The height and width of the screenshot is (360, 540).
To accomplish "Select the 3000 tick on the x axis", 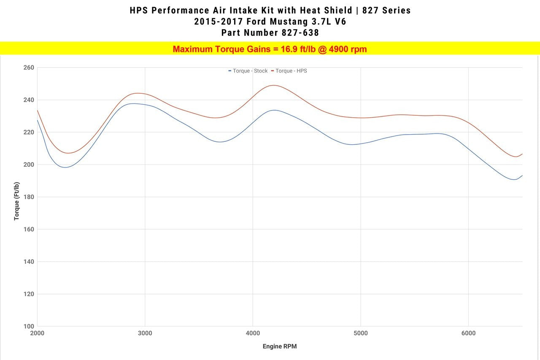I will coord(145,333).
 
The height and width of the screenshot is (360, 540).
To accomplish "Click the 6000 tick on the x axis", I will coord(468,333).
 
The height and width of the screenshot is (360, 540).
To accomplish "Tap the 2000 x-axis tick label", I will coord(38,333).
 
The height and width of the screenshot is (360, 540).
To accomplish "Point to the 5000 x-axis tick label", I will coord(361,333).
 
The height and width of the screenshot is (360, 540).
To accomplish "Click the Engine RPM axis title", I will coord(280,346).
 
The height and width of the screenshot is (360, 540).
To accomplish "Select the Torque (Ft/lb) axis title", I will coord(16,201).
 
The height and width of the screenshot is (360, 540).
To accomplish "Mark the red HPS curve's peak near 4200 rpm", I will coord(274,85).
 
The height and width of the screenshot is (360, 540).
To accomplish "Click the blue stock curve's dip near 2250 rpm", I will coord(66,168).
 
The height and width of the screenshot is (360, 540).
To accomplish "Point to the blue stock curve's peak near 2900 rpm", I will coord(134,103).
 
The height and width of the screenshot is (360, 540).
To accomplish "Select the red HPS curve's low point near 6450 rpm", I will coord(516,157).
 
